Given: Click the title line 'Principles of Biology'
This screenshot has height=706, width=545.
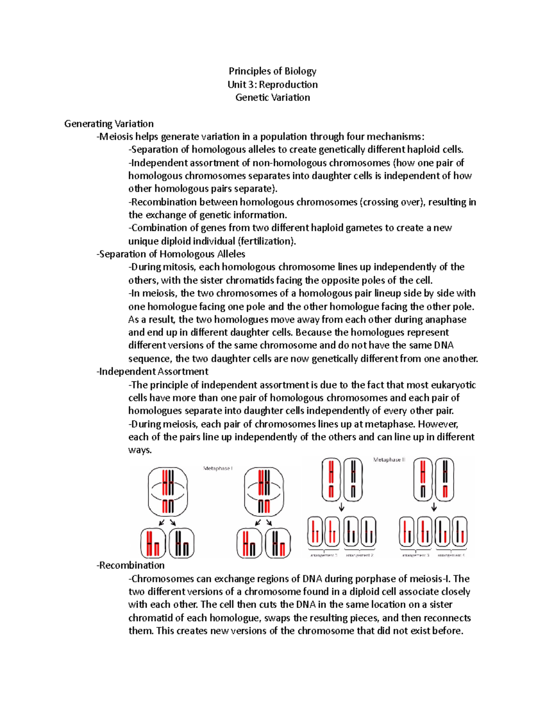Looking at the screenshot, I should (x=272, y=71).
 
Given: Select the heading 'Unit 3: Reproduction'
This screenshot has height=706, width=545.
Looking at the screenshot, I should (x=272, y=84).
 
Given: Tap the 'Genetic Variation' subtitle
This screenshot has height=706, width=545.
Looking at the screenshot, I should (x=272, y=97).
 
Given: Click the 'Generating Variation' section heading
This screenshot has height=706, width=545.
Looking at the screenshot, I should (x=109, y=124).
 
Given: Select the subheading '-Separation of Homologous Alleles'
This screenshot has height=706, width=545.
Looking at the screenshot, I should (x=171, y=254).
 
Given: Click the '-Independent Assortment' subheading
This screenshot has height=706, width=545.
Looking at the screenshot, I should (x=152, y=371).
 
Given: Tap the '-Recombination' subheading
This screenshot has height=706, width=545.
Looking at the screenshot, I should (x=130, y=566).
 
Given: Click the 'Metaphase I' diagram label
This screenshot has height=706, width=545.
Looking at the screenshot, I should (x=218, y=468).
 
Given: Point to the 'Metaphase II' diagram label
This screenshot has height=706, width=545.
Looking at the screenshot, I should (x=389, y=460).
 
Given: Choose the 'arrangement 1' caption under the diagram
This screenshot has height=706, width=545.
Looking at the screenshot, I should (x=323, y=555).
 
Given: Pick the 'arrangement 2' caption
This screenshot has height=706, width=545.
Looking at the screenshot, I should (x=360, y=555).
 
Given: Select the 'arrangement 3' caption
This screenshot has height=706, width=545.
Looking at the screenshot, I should (x=415, y=555).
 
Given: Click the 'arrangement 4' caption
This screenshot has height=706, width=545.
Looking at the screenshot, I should (x=451, y=555).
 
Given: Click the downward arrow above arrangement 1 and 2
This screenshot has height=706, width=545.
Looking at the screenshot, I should (x=342, y=507).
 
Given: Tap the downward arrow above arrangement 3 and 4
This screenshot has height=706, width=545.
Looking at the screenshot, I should (x=434, y=507).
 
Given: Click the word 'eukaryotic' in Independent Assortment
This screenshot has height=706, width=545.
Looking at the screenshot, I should (x=453, y=385).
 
